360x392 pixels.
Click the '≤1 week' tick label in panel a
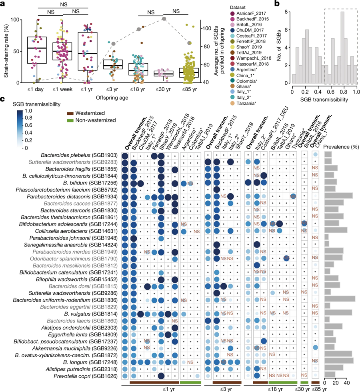click(x=60, y=89)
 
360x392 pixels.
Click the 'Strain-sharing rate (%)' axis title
click(x=5, y=50)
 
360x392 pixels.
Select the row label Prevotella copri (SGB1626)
click(x=95, y=376)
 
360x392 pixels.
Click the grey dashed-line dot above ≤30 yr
click(x=164, y=19)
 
